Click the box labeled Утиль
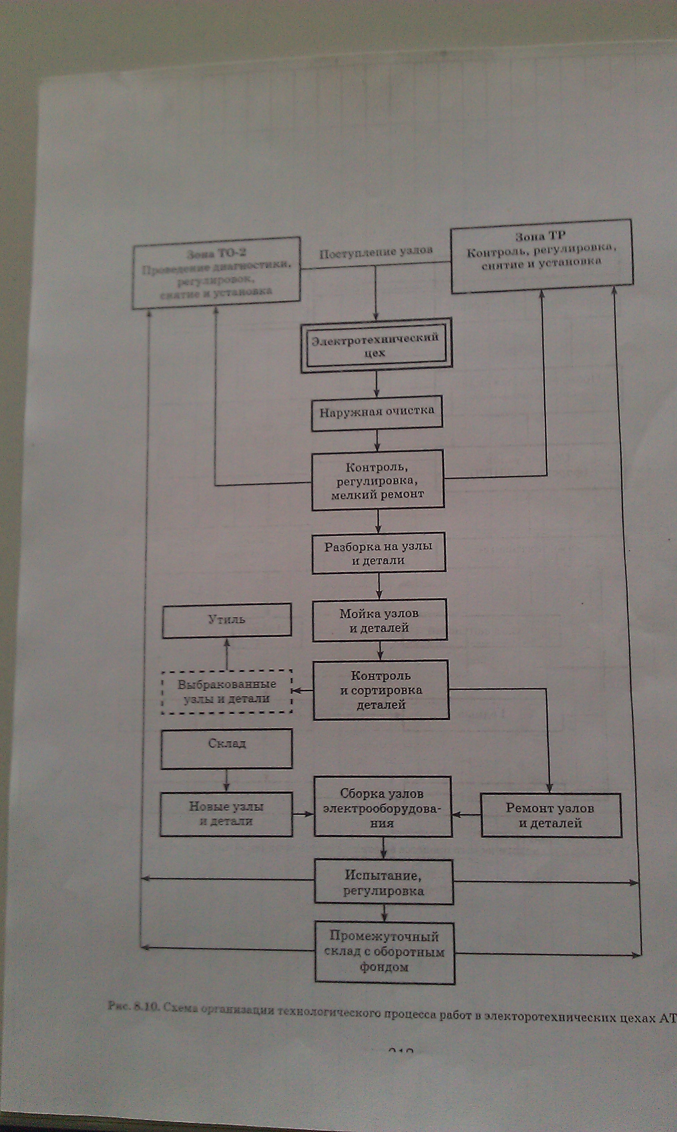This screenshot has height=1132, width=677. click(227, 620)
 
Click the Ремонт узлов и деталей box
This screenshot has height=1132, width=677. click(551, 815)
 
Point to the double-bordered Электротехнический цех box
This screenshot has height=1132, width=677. click(376, 345)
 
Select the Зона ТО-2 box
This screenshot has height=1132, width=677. click(216, 273)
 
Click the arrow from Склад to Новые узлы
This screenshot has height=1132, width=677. click(226, 781)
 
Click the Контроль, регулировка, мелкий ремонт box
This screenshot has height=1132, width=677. click(378, 480)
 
